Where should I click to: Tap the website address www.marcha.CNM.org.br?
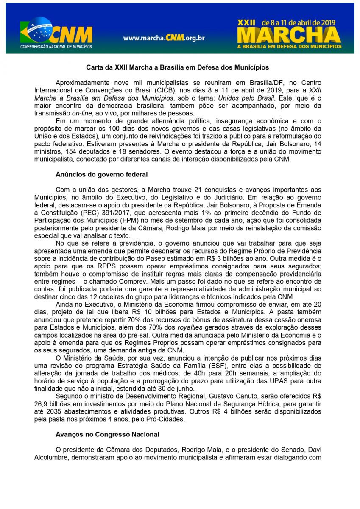click(164, 38)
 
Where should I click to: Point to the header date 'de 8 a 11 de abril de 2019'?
click(299, 21)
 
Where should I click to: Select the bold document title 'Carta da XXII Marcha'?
click(177, 67)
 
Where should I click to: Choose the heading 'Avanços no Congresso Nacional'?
click(107, 434)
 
